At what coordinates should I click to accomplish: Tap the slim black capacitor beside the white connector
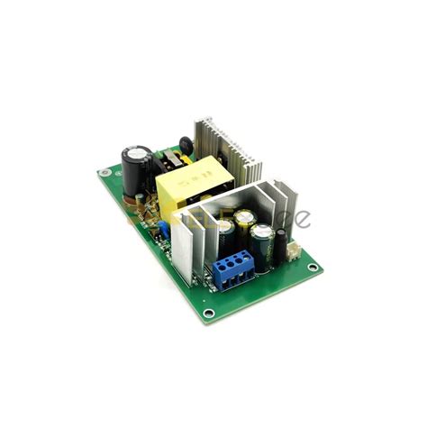pyautogui.click(x=282, y=244)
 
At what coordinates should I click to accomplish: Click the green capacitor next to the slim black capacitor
pyautogui.click(x=262, y=241)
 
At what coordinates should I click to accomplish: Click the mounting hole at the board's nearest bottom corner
pyautogui.click(x=209, y=313)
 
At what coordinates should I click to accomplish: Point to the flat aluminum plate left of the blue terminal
pyautogui.click(x=199, y=249)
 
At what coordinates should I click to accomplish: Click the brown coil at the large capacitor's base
pyautogui.click(x=140, y=212)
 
